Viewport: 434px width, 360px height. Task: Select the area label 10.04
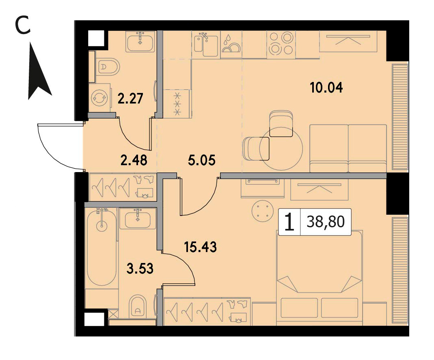(326, 87)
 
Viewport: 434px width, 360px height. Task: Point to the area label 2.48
(134, 160)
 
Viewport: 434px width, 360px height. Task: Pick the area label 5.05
(201, 160)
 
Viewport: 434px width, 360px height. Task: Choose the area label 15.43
(201, 246)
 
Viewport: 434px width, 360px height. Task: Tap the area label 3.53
(140, 268)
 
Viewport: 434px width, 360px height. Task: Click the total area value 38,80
(326, 222)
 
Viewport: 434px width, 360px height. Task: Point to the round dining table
(281, 149)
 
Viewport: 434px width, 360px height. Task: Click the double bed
(320, 278)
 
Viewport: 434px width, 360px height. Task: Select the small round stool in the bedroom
(263, 211)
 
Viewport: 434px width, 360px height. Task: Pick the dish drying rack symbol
(231, 44)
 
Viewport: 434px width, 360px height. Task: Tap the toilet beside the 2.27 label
(108, 67)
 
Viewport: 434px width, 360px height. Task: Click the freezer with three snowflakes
(177, 104)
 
